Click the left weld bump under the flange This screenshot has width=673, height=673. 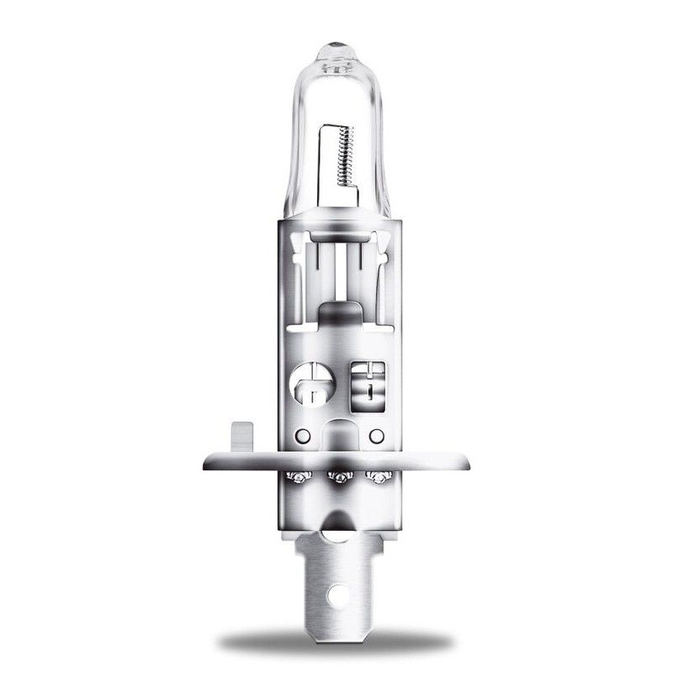point(298,478)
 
